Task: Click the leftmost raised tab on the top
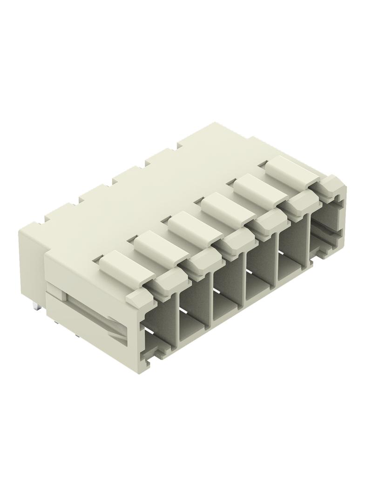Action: [120, 264]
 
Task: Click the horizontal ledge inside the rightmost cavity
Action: [326, 233]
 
